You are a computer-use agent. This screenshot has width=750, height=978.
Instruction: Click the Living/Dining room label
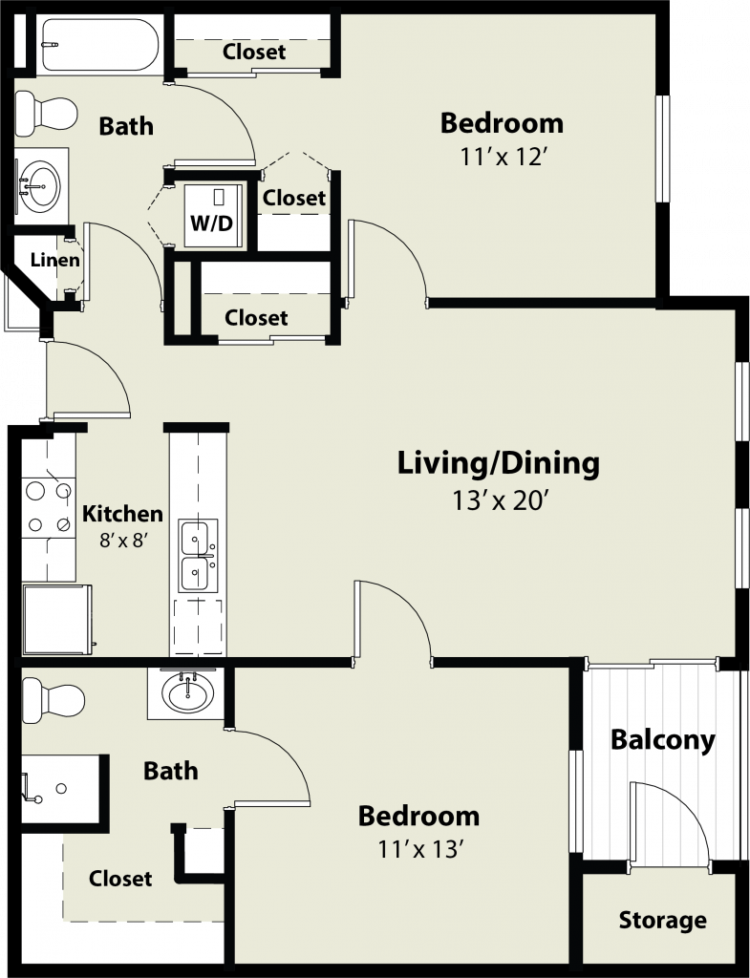499,464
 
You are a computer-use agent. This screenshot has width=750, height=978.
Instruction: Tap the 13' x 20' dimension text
499,500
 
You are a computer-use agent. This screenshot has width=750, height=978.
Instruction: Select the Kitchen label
123,514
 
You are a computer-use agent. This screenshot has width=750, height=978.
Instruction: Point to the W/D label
211,223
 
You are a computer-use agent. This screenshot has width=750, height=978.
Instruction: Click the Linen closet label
55,260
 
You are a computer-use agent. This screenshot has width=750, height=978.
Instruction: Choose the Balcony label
663,740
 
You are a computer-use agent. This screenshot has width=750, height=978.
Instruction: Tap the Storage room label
663,920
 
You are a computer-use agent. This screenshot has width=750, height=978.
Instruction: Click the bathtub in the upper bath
99,44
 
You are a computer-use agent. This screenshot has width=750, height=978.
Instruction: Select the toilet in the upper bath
46,114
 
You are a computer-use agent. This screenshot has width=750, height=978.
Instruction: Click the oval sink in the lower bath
187,692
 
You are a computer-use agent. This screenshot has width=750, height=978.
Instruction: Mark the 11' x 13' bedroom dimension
419,848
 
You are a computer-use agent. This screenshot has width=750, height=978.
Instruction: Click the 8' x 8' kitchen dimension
123,540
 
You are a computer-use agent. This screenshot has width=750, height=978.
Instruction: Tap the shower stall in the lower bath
59,789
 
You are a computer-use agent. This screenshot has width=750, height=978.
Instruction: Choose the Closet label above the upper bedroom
254,52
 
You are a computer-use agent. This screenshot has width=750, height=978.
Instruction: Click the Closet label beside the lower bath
120,879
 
